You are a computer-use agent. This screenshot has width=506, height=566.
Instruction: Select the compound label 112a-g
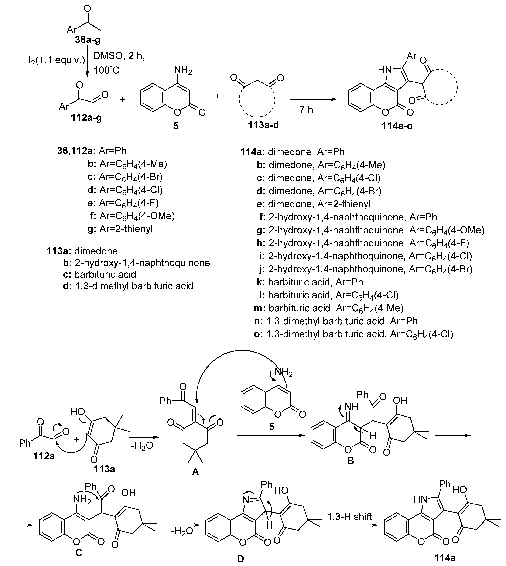(86, 118)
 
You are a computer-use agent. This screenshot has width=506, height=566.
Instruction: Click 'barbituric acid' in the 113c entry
(105, 274)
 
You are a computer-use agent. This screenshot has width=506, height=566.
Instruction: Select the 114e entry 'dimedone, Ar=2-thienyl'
(319, 204)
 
